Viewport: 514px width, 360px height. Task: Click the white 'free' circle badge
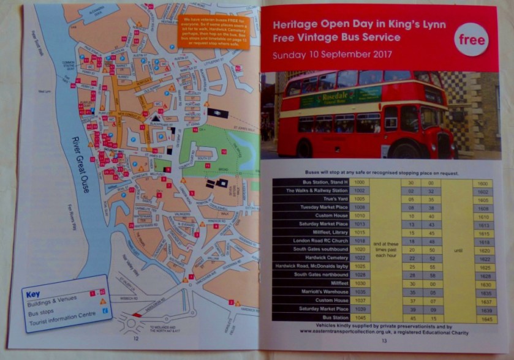471,40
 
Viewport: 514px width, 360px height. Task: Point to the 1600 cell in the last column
482,183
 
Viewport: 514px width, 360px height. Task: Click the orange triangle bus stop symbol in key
103,301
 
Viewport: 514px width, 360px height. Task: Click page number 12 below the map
135,337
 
